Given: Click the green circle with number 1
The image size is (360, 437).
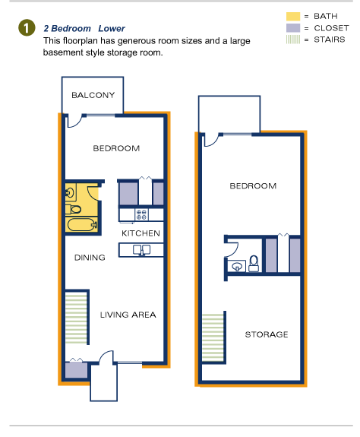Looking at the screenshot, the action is coord(27,28).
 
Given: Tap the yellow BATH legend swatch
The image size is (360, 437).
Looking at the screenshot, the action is coord(293,17).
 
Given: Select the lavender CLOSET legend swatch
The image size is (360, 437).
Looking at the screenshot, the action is coord(293,28).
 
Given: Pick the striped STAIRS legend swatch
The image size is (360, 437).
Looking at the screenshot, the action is coord(293,40).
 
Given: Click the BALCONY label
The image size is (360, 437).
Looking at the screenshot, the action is coord(93,95).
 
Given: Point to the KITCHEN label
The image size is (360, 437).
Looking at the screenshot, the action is coord(141,233).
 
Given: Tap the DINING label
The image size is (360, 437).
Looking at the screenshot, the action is coord(90,258).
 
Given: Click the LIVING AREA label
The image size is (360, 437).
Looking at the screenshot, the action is coord(128,315).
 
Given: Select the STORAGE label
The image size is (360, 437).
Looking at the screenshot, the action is coord(267,334).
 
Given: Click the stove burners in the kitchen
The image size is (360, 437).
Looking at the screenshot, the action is coord(141,215).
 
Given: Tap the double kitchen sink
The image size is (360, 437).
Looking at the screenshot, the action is coord(142,250).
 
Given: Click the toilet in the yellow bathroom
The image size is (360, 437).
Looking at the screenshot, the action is coord(74,209).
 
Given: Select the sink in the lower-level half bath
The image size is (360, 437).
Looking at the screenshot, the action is coord(237,267).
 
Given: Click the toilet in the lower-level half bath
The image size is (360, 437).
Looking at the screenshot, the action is coord(254,264).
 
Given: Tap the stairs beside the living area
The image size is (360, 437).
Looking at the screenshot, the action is coord(76,318).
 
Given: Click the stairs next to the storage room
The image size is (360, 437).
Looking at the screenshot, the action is coord(213,337).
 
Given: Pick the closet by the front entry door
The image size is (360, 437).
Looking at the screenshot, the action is coord(76,370).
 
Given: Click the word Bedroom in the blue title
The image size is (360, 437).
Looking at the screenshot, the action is coord(71,28).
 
